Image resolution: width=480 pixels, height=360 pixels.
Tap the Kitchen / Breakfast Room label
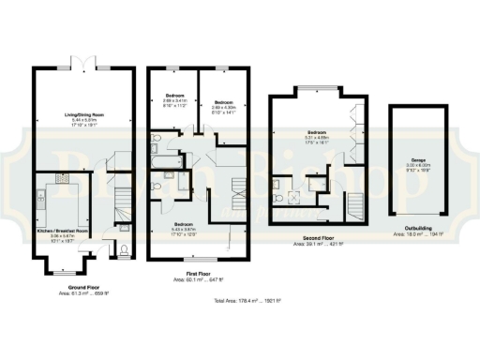pyautogui.click(x=62, y=231)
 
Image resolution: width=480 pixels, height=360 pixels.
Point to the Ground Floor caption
pyautogui.click(x=83, y=287)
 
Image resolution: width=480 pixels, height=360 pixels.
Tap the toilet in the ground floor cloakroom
pyautogui.click(x=126, y=249)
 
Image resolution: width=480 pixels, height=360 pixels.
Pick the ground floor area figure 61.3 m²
pyautogui.click(x=83, y=293)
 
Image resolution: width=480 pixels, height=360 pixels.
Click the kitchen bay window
pyautogui.click(x=62, y=274)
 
